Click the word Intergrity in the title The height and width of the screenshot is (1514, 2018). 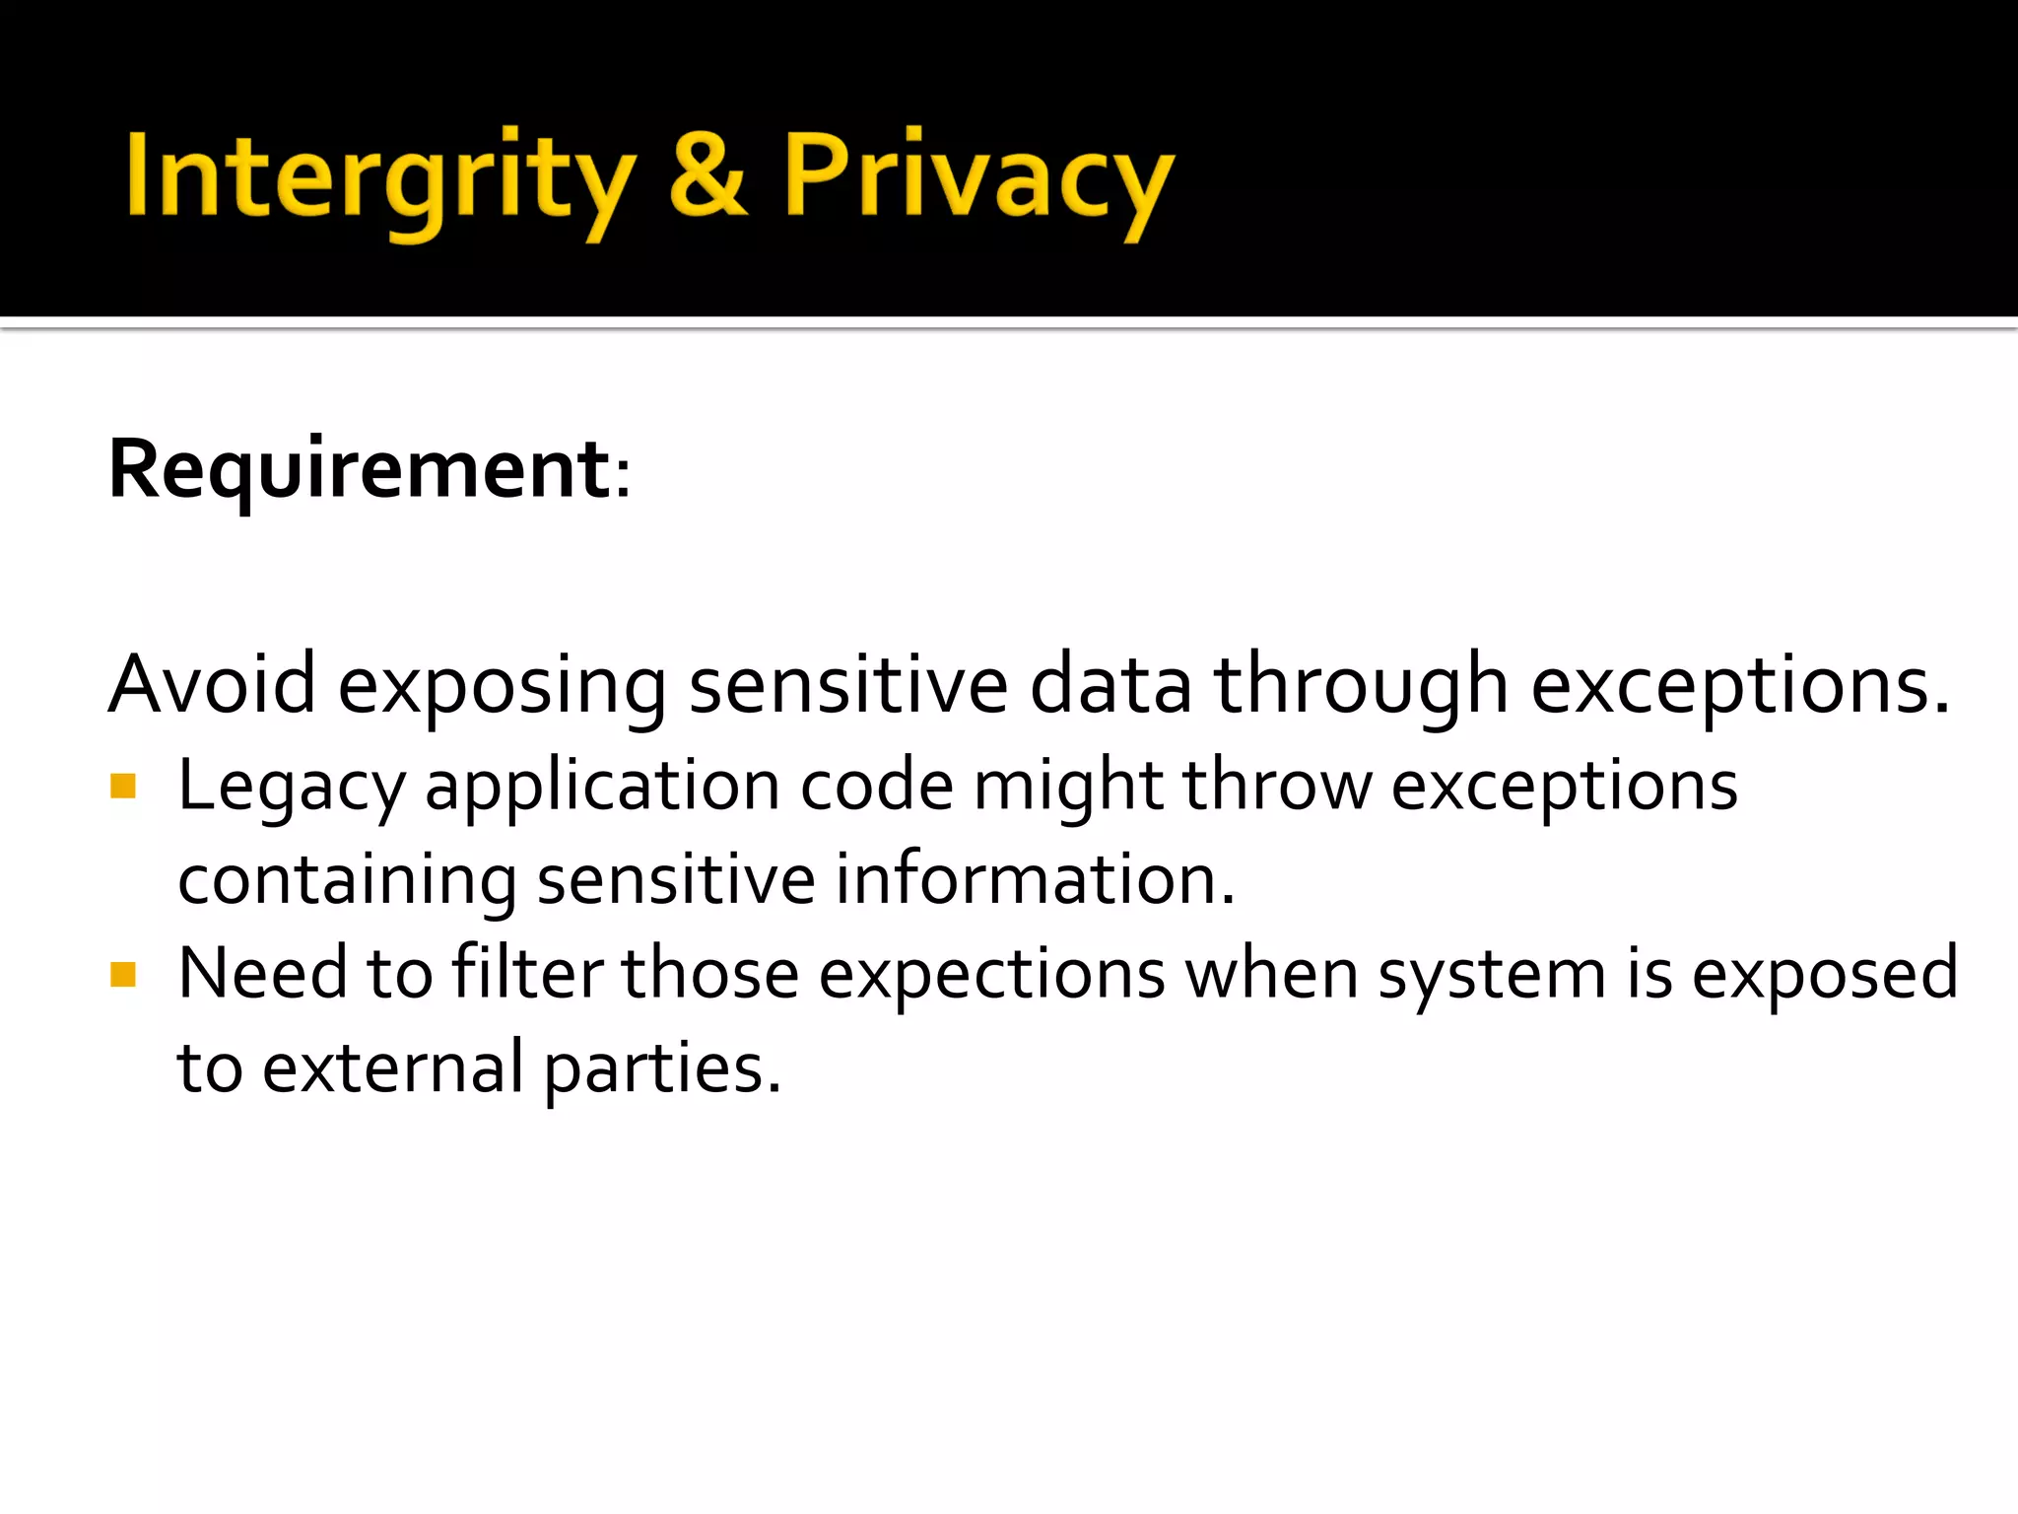coord(379,177)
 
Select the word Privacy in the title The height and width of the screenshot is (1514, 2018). coord(977,177)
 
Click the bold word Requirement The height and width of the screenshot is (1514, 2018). coord(361,470)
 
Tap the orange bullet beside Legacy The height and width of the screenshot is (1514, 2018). coord(123,787)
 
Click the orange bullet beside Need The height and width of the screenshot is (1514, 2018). coord(123,975)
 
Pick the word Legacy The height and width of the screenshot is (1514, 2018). coord(292,789)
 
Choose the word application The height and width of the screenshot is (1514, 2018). coord(602,789)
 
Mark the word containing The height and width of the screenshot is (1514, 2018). coord(347,880)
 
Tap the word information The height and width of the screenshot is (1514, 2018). coord(1035,878)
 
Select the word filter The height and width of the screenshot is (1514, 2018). coord(527,973)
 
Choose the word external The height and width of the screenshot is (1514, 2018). coord(392,1067)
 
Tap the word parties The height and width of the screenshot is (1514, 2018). coord(662,1069)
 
